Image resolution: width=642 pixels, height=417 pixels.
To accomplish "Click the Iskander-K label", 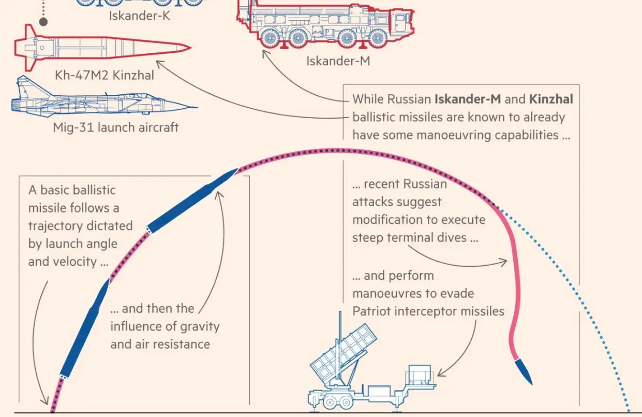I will (139, 16).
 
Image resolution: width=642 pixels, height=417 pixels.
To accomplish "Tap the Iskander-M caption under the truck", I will (338, 61).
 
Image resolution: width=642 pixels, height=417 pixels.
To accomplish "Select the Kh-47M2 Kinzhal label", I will (104, 75).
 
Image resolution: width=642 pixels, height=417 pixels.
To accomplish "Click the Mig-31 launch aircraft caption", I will (115, 127).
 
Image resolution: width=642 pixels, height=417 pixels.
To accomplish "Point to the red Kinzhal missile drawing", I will (98, 48).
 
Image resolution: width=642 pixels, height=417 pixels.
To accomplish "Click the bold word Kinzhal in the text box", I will (551, 99).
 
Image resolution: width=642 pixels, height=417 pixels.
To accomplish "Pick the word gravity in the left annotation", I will (200, 327).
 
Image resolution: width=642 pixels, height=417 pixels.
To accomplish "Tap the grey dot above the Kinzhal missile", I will (43, 22).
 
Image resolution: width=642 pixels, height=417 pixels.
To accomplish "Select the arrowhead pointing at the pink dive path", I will (505, 263).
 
